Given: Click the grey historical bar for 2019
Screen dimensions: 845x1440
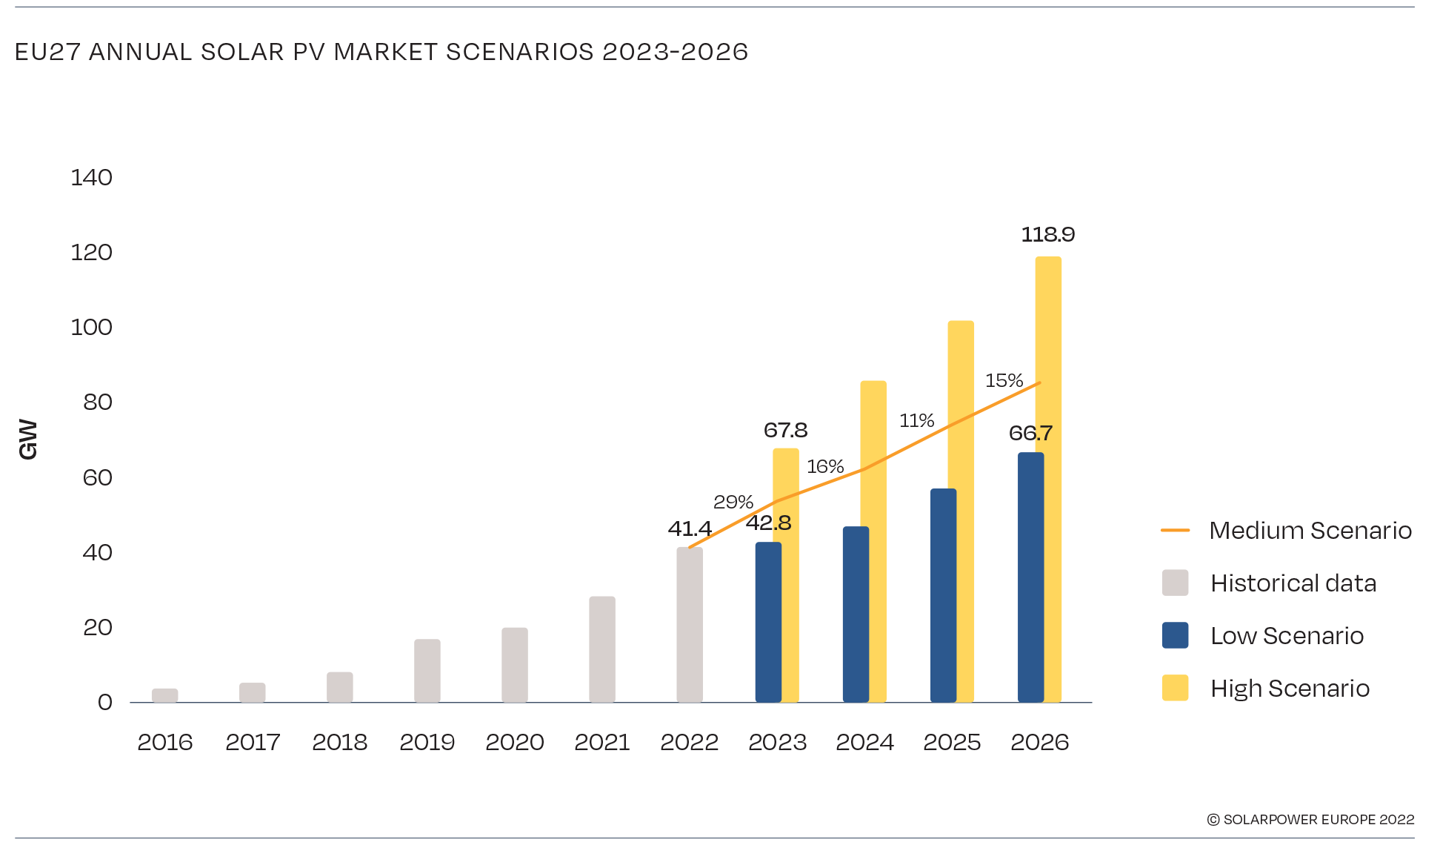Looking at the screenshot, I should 427,671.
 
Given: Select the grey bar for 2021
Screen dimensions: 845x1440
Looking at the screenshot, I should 601,649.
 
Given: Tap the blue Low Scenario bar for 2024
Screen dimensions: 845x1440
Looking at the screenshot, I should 856,614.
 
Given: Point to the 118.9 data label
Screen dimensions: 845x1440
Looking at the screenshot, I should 1047,235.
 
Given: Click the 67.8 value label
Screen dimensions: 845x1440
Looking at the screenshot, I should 785,431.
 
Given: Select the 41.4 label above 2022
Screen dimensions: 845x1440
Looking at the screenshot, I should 689,529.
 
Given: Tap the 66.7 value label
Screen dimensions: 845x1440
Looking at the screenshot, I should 1030,434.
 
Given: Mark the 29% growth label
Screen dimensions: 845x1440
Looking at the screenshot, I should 733,503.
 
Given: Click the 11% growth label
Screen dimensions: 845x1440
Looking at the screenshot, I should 916,421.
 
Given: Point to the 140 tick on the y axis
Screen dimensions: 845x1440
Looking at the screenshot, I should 91,178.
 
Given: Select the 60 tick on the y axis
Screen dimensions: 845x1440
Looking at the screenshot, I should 97,478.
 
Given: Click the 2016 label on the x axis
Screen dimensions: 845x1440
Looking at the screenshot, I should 164,742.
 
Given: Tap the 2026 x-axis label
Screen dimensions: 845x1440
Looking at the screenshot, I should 1039,742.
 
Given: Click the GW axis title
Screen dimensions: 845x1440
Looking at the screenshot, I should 27,440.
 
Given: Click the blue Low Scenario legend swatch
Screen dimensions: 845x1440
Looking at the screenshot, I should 1175,635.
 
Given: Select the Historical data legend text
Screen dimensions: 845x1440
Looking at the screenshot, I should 1293,583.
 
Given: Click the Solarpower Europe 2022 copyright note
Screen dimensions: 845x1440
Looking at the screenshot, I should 1310,820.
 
